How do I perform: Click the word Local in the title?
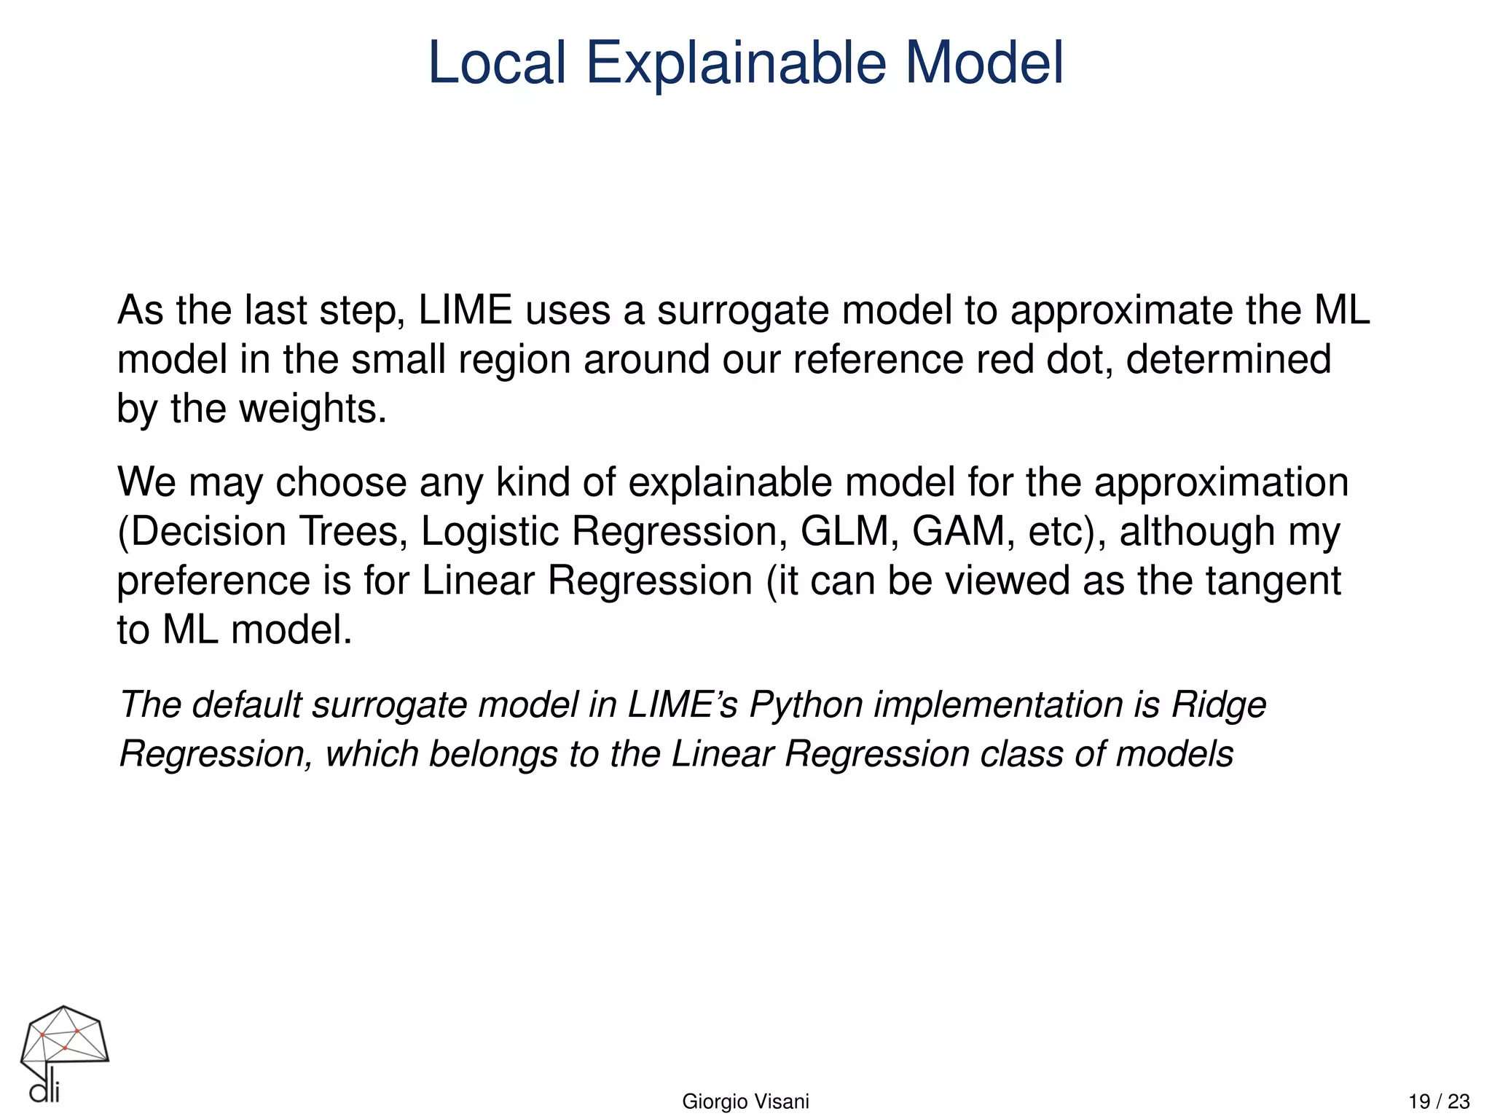[497, 63]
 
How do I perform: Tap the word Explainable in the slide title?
[736, 64]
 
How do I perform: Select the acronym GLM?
[849, 532]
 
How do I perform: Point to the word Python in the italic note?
[806, 705]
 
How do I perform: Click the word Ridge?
[1219, 705]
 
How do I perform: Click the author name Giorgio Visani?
[745, 1102]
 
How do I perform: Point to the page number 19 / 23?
[1439, 1102]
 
